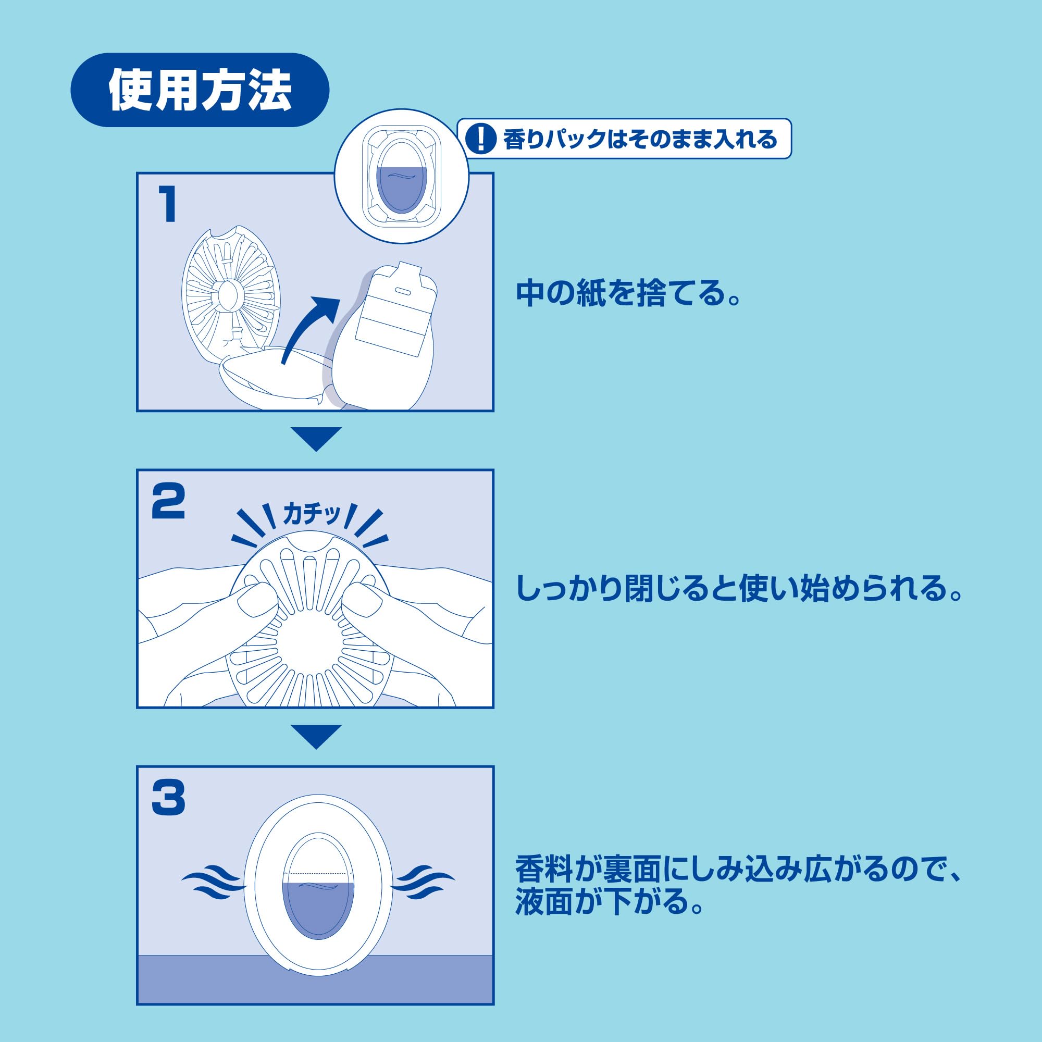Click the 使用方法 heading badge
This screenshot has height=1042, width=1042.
click(x=200, y=90)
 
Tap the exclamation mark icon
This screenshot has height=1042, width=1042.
click(x=480, y=139)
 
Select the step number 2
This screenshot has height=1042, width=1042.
click(x=168, y=502)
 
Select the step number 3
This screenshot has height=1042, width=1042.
click(x=168, y=798)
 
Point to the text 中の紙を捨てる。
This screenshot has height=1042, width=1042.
click(x=628, y=293)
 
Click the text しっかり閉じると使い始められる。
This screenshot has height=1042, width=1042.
click(x=738, y=589)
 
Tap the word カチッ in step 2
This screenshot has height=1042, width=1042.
click(x=312, y=515)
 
